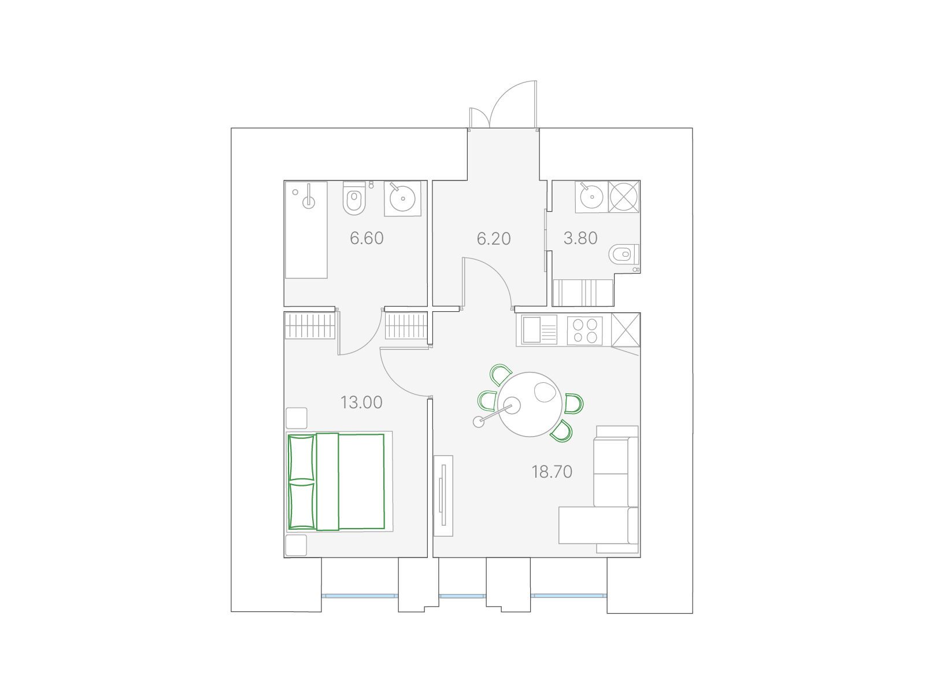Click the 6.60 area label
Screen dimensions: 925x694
[366, 238]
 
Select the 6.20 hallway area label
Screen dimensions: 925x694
[494, 238]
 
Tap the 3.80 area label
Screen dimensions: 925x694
[580, 238]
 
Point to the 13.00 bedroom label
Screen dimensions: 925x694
[361, 403]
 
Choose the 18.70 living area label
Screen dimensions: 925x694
[552, 472]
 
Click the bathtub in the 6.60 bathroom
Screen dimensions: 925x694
[306, 230]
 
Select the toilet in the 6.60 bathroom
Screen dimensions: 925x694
[354, 198]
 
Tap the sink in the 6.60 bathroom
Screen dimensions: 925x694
[402, 198]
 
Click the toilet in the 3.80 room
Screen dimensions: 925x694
[624, 254]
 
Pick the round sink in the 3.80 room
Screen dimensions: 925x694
[591, 197]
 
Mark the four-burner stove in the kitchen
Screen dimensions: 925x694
[585, 331]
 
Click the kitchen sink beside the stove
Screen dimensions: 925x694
[539, 330]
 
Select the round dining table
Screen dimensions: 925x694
[530, 404]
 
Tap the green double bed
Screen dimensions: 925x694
[336, 481]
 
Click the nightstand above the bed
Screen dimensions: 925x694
[296, 418]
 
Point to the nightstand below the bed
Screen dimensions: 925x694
[296, 545]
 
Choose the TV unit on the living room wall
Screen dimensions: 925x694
[443, 496]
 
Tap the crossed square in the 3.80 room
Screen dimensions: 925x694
[624, 197]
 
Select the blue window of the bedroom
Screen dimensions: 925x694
[360, 596]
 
